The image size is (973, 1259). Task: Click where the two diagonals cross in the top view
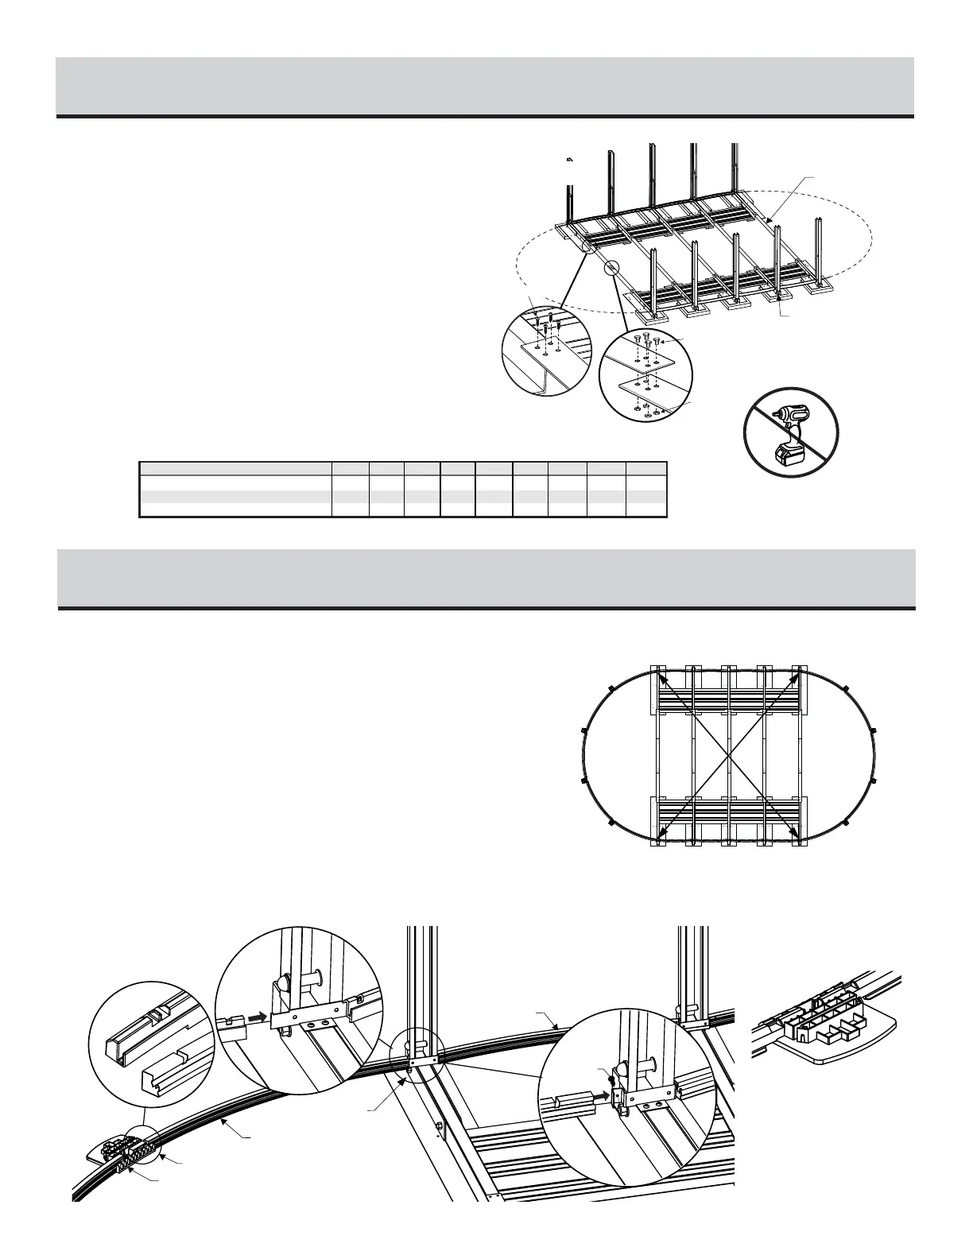[x=727, y=751]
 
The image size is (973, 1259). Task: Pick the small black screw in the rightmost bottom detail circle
[x=611, y=1079]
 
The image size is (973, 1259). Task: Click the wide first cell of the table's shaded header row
[x=235, y=467]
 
